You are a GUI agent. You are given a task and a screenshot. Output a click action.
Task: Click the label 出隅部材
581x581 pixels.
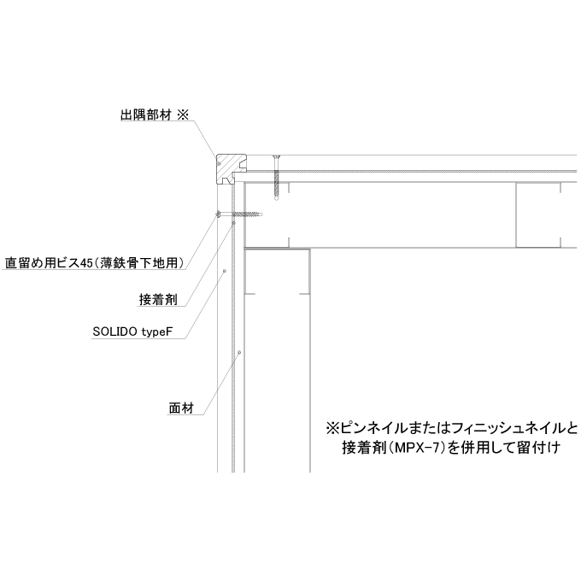pyautogui.click(x=146, y=114)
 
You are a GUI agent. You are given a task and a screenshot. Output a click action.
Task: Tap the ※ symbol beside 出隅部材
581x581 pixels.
pyautogui.click(x=183, y=114)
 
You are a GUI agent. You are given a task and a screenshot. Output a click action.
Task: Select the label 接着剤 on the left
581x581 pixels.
pyautogui.click(x=158, y=299)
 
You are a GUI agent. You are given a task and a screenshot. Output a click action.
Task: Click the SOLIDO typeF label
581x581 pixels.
pyautogui.click(x=132, y=332)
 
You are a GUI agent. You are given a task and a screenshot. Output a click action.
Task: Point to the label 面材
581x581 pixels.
pyautogui.click(x=181, y=408)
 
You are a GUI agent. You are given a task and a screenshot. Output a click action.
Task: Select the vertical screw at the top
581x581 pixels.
pyautogui.click(x=277, y=178)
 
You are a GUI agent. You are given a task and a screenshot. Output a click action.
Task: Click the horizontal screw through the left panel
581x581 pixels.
pyautogui.click(x=239, y=214)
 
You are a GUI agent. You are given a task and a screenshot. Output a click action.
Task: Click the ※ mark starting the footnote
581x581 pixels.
pyautogui.click(x=332, y=429)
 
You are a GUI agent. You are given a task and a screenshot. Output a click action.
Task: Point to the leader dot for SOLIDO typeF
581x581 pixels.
pyautogui.click(x=224, y=271)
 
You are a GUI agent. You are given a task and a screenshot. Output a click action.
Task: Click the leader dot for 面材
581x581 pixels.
pyautogui.click(x=239, y=352)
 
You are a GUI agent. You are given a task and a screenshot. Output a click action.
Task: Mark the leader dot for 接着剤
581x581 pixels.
pyautogui.click(x=233, y=223)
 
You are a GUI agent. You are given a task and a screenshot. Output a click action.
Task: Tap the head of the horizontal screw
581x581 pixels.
pyautogui.click(x=219, y=214)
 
